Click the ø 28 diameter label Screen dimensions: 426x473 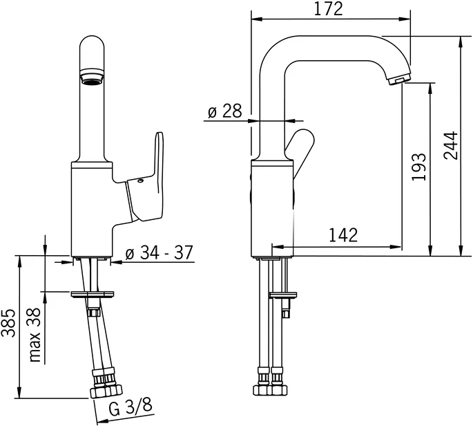225,111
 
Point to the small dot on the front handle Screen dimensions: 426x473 140,183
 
